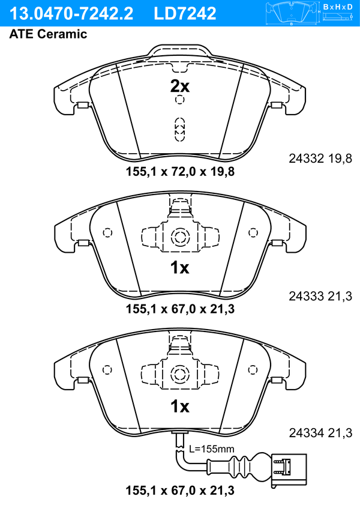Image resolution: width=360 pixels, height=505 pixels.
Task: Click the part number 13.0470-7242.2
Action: pos(71,14)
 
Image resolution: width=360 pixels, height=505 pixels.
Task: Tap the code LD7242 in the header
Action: pos(185,14)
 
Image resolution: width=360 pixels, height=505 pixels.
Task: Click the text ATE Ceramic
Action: pos(48,34)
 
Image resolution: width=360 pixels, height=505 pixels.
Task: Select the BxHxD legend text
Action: pos(338,7)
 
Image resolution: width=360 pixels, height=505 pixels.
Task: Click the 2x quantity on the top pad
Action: pos(180,86)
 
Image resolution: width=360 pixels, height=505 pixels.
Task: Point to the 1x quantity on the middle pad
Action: pos(180,268)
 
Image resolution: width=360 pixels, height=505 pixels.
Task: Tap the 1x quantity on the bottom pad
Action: pos(180,407)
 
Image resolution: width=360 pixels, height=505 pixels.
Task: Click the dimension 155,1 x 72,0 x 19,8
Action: pos(180,172)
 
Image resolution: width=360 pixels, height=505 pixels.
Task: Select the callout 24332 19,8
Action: pos(320,159)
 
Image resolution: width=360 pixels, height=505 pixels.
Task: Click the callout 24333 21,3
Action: pos(320,296)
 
